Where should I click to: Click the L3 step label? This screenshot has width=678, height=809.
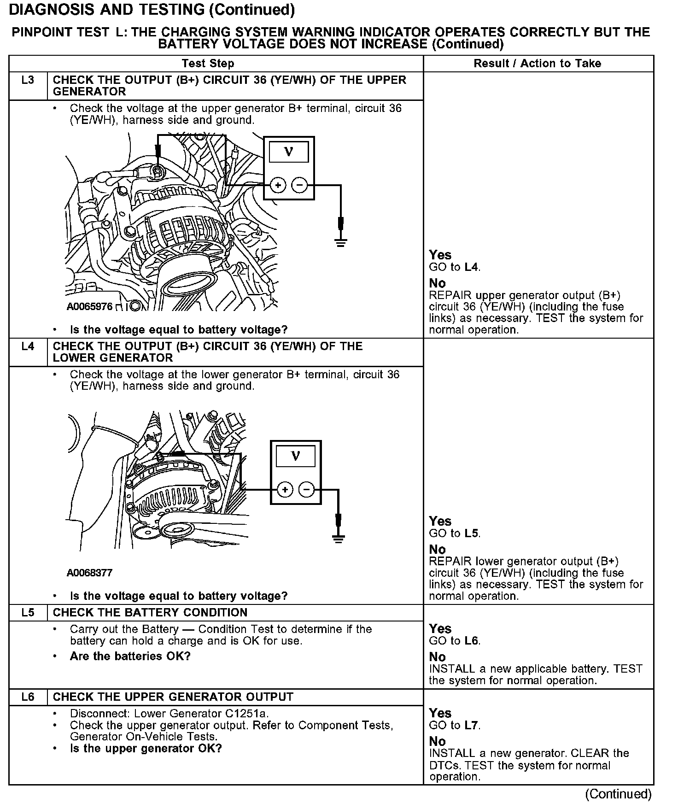click(28, 80)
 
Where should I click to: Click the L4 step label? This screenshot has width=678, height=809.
click(28, 346)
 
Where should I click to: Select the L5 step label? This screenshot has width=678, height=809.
click(28, 612)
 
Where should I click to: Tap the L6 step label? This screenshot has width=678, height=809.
click(28, 697)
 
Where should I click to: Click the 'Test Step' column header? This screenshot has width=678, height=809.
click(208, 64)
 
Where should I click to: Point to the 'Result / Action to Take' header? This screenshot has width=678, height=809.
click(538, 64)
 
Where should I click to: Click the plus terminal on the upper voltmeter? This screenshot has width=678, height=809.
click(278, 185)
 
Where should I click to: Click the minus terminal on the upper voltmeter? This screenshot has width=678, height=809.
click(300, 185)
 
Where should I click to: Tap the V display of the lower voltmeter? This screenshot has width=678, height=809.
click(296, 457)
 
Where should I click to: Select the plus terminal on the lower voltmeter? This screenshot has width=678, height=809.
click(285, 489)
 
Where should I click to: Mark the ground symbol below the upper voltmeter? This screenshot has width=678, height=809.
click(341, 242)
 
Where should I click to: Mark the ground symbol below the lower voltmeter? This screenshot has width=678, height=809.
click(339, 539)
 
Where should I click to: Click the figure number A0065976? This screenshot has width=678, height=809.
click(89, 306)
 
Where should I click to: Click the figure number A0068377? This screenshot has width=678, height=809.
click(89, 573)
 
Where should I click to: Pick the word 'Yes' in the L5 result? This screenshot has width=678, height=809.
click(440, 629)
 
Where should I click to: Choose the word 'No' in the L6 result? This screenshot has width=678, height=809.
click(437, 741)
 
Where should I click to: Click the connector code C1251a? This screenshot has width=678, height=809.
click(246, 714)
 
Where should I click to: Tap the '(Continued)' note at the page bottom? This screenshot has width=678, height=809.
click(618, 794)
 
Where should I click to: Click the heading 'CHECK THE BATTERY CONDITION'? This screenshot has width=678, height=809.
click(150, 612)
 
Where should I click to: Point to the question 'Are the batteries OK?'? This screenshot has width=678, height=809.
click(130, 656)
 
